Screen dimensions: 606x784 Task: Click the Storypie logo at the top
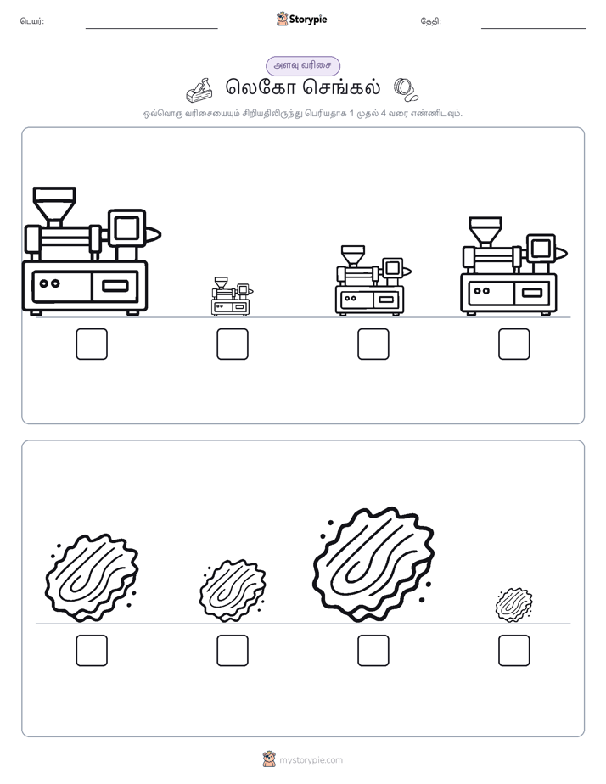tap(301, 20)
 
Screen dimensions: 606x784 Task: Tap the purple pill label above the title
tap(303, 65)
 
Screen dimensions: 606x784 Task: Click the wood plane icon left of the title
tap(199, 89)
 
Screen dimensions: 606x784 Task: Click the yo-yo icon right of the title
tap(406, 89)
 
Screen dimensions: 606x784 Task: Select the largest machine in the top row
tap(91, 251)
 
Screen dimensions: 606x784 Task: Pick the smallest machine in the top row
tap(232, 296)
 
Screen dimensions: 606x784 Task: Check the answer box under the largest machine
tap(92, 344)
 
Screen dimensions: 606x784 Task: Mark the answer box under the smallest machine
tap(233, 344)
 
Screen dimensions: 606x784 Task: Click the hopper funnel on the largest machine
tap(54, 205)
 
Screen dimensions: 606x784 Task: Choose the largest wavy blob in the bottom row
tap(373, 564)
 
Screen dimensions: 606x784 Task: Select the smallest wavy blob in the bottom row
tap(513, 604)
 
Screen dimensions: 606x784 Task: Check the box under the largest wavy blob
tap(373, 651)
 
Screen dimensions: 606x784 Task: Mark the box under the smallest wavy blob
tap(514, 651)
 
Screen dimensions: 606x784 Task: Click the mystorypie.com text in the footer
tap(311, 760)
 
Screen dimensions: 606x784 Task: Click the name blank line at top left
tap(151, 29)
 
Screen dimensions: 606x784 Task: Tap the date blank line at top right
tap(534, 29)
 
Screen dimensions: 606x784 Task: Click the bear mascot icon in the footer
tap(269, 759)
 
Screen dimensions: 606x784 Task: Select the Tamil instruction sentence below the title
tap(303, 114)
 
